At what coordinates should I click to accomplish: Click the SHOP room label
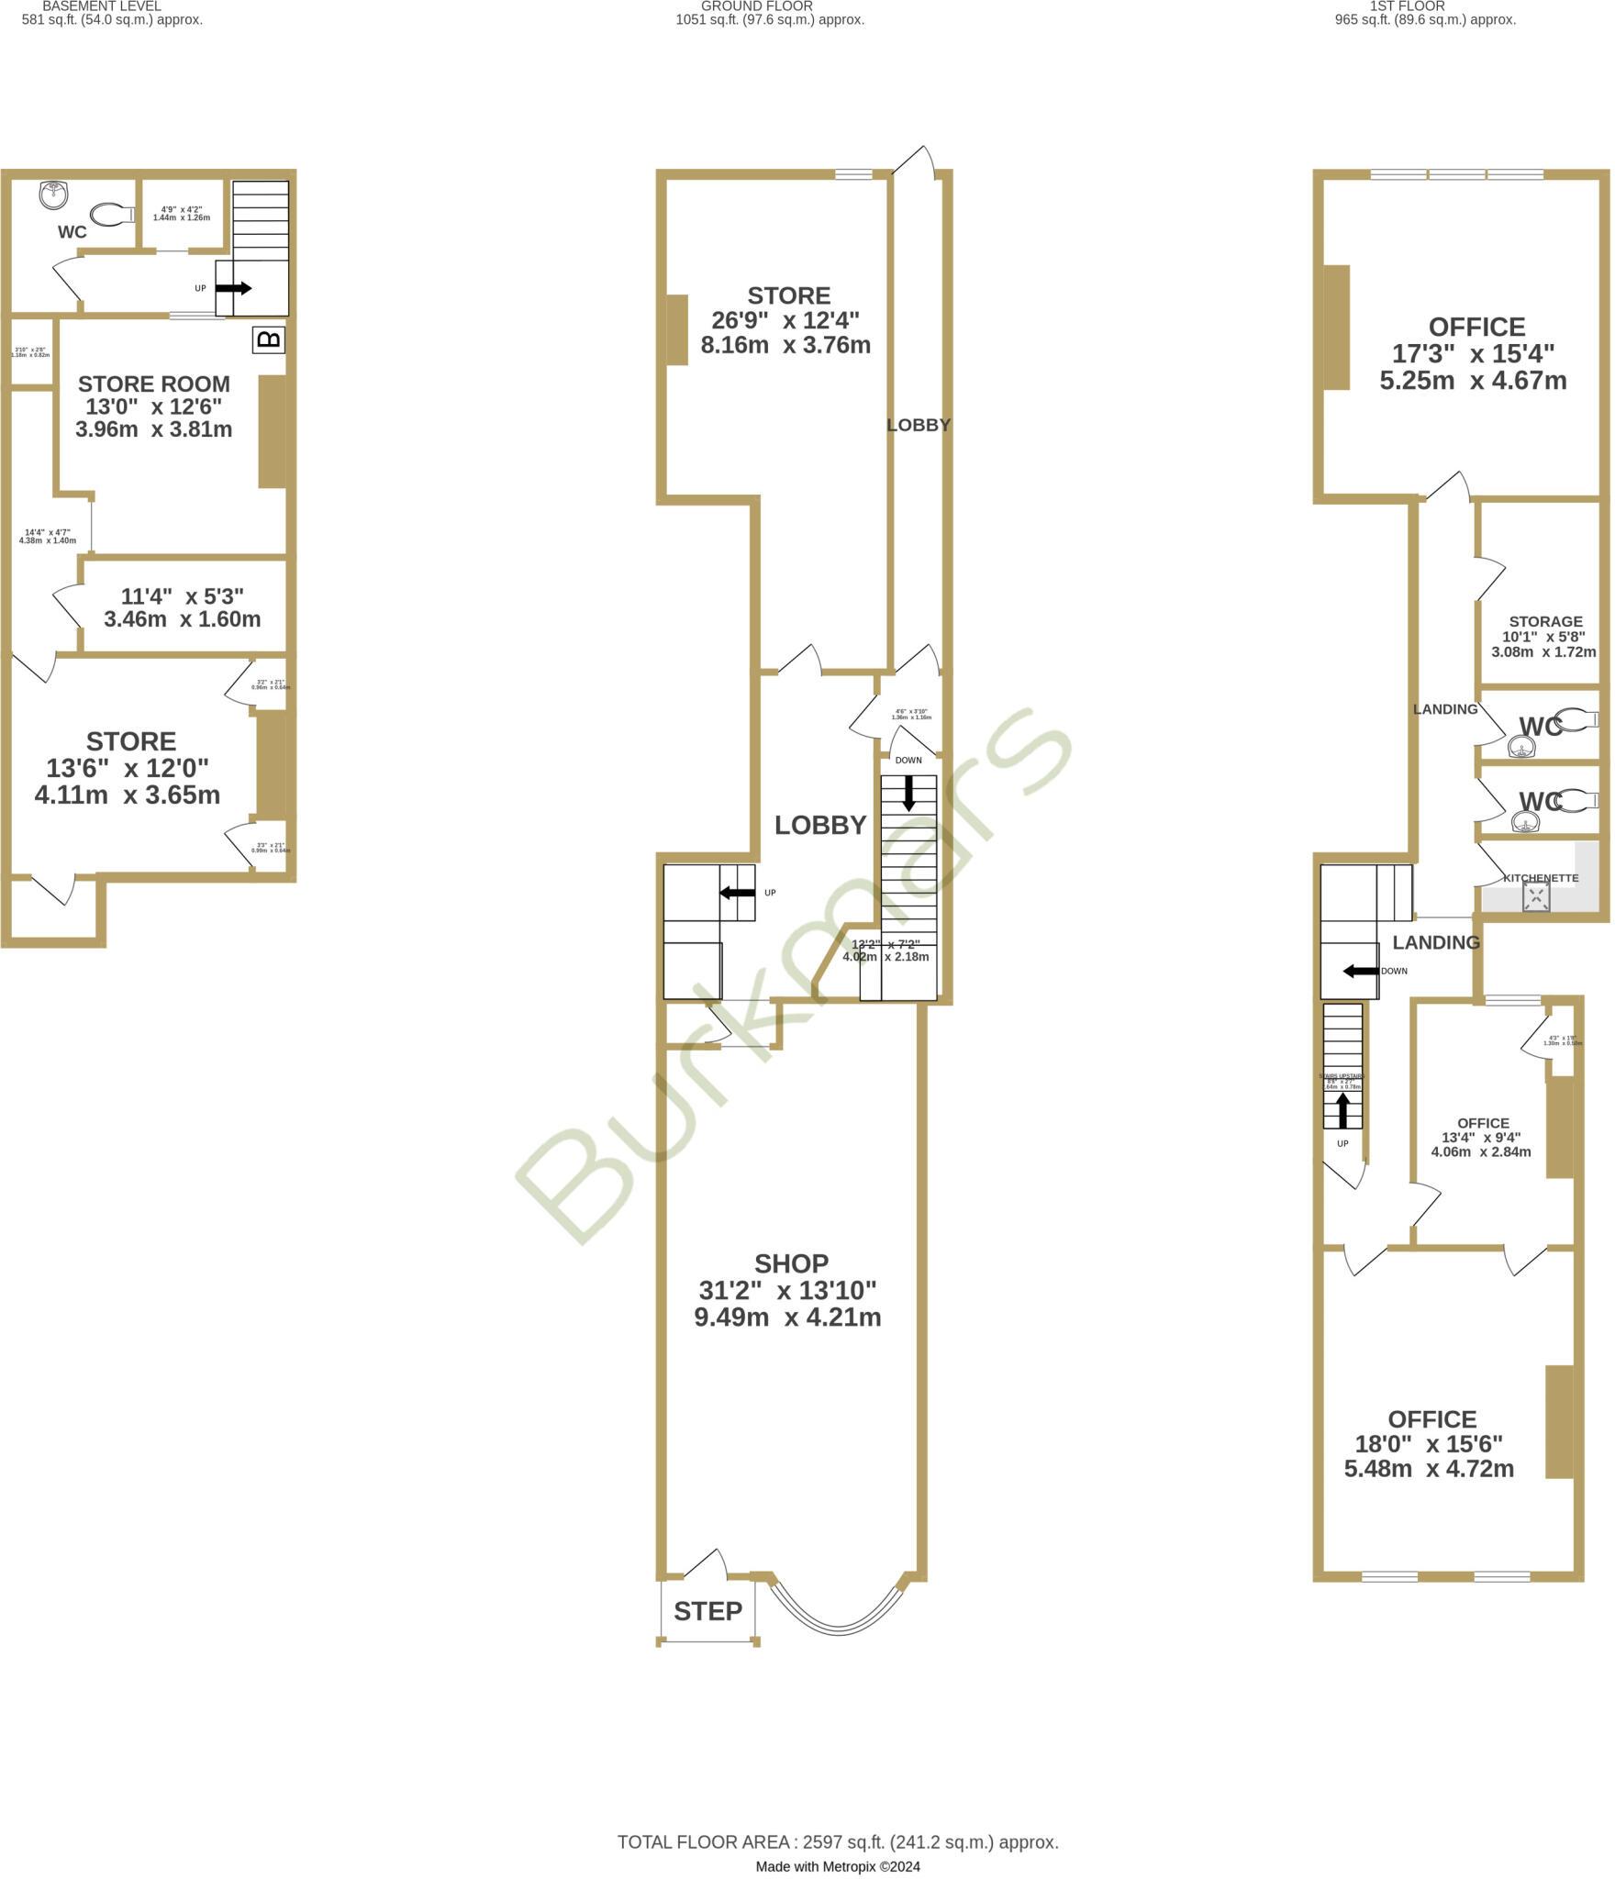(791, 1264)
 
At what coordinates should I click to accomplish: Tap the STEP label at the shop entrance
(707, 1611)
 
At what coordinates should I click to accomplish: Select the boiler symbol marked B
(269, 340)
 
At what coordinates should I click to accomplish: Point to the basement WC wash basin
(54, 194)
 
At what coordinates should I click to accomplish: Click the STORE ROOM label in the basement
(153, 384)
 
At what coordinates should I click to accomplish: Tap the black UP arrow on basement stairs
(233, 288)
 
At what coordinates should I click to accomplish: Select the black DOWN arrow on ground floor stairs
(908, 793)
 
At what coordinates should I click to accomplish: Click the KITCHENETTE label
(1541, 878)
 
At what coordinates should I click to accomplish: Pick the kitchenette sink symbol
(1536, 897)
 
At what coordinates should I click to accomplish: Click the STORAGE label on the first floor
(1546, 621)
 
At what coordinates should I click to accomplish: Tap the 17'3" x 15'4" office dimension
(1476, 353)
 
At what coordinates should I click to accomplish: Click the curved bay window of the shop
(838, 1628)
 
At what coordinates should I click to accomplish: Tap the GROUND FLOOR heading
(757, 6)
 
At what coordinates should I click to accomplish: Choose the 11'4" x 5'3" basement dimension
(183, 596)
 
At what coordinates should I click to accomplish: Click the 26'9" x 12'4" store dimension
(785, 320)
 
